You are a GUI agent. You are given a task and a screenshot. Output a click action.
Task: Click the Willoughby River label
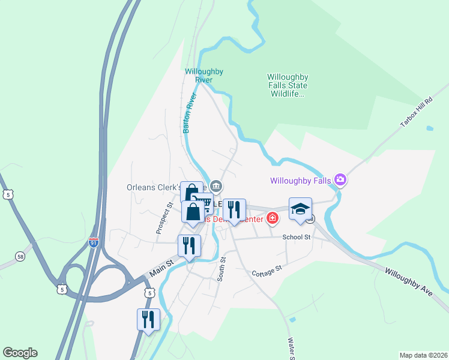point(204,76)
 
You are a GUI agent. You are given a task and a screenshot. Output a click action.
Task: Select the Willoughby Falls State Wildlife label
point(288,85)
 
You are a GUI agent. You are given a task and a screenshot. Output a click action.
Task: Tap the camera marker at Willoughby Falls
point(340,179)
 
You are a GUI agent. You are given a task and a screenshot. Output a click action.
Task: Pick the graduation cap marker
point(300,209)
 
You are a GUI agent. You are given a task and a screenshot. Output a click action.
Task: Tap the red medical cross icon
point(273,218)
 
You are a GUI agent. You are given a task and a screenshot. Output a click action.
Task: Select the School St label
point(296,237)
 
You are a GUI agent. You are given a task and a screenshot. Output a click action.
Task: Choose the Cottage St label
point(267,272)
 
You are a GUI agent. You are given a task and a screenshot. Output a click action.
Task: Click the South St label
point(222,268)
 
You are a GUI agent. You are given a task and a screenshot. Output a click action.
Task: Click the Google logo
point(20,353)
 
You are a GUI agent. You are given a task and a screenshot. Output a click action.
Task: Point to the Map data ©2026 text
point(423,355)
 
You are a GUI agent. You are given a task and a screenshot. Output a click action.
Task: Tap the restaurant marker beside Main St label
point(189,245)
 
